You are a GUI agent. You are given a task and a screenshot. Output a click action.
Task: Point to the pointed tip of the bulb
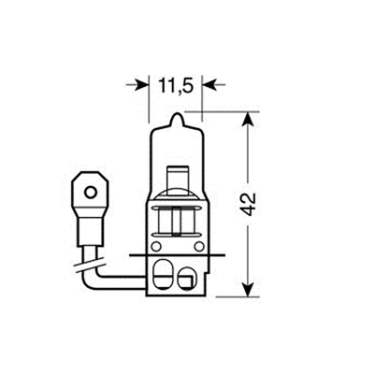tap(175, 117)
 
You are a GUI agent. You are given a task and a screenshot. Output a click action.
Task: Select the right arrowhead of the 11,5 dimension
tap(210, 84)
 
